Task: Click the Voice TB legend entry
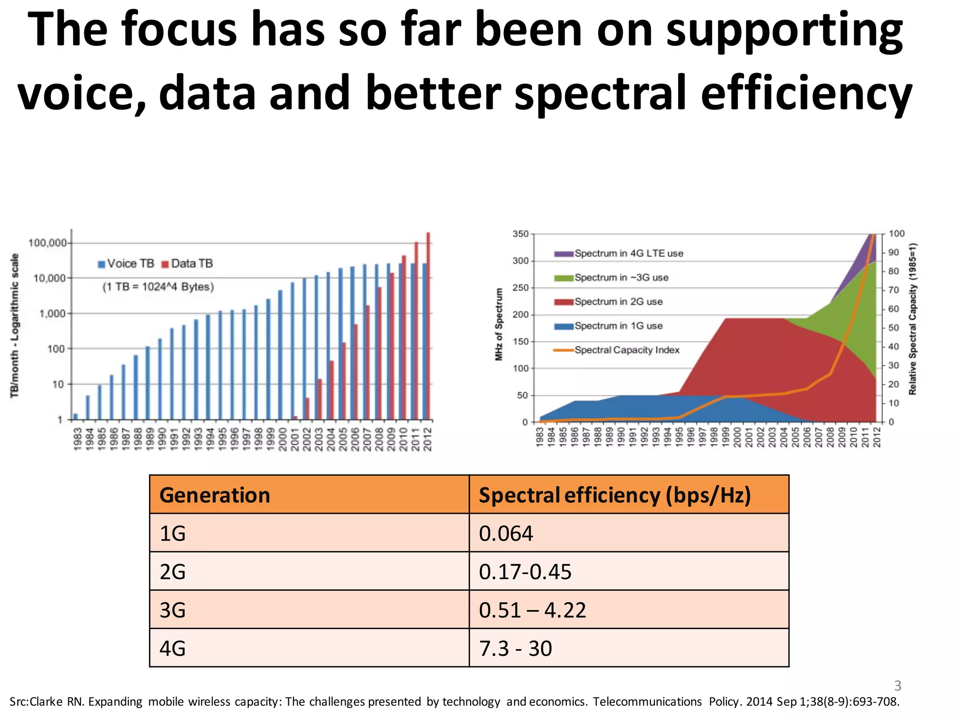pyautogui.click(x=126, y=264)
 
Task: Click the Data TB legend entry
pyautogui.click(x=187, y=264)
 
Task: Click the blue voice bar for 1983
pyautogui.click(x=76, y=416)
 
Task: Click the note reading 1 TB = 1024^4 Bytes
pyautogui.click(x=158, y=287)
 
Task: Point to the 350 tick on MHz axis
pyautogui.click(x=520, y=234)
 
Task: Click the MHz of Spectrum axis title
pyautogui.click(x=499, y=324)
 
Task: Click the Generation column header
pyautogui.click(x=215, y=495)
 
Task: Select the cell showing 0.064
pyautogui.click(x=506, y=534)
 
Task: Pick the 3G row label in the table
pyautogui.click(x=173, y=610)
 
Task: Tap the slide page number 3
pyautogui.click(x=897, y=686)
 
